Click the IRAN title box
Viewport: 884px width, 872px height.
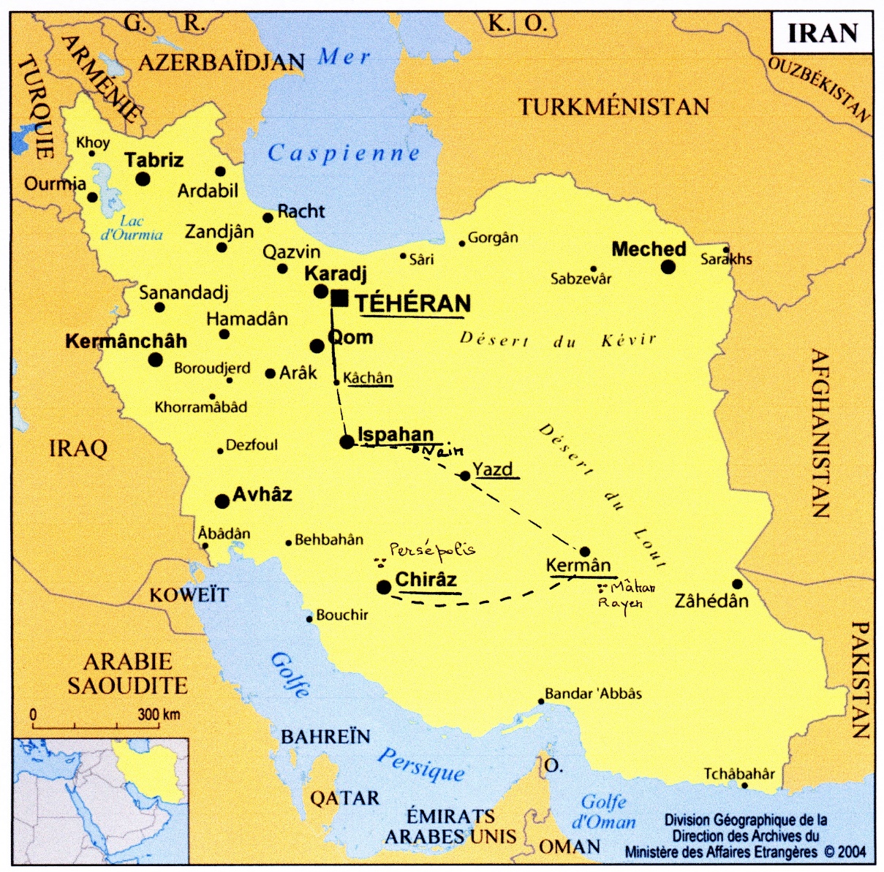click(822, 34)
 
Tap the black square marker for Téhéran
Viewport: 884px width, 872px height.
click(339, 298)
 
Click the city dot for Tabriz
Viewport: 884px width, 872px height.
click(143, 179)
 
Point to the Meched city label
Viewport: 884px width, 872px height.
click(649, 249)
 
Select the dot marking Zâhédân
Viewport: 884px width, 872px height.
click(737, 584)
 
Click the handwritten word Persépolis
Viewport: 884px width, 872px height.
click(431, 550)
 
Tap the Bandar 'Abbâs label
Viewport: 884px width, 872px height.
click(593, 693)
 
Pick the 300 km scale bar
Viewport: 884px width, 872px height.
click(106, 726)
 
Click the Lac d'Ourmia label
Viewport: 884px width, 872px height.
click(132, 228)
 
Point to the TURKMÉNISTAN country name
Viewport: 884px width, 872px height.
click(614, 107)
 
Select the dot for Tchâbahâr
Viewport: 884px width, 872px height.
click(744, 786)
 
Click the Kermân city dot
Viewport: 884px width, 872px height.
click(585, 551)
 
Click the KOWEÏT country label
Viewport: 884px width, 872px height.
click(189, 595)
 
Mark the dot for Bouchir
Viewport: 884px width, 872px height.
click(309, 619)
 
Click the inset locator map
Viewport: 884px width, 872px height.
click(101, 800)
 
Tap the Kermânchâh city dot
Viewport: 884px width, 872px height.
click(156, 359)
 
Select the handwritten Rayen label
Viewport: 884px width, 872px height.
click(620, 603)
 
